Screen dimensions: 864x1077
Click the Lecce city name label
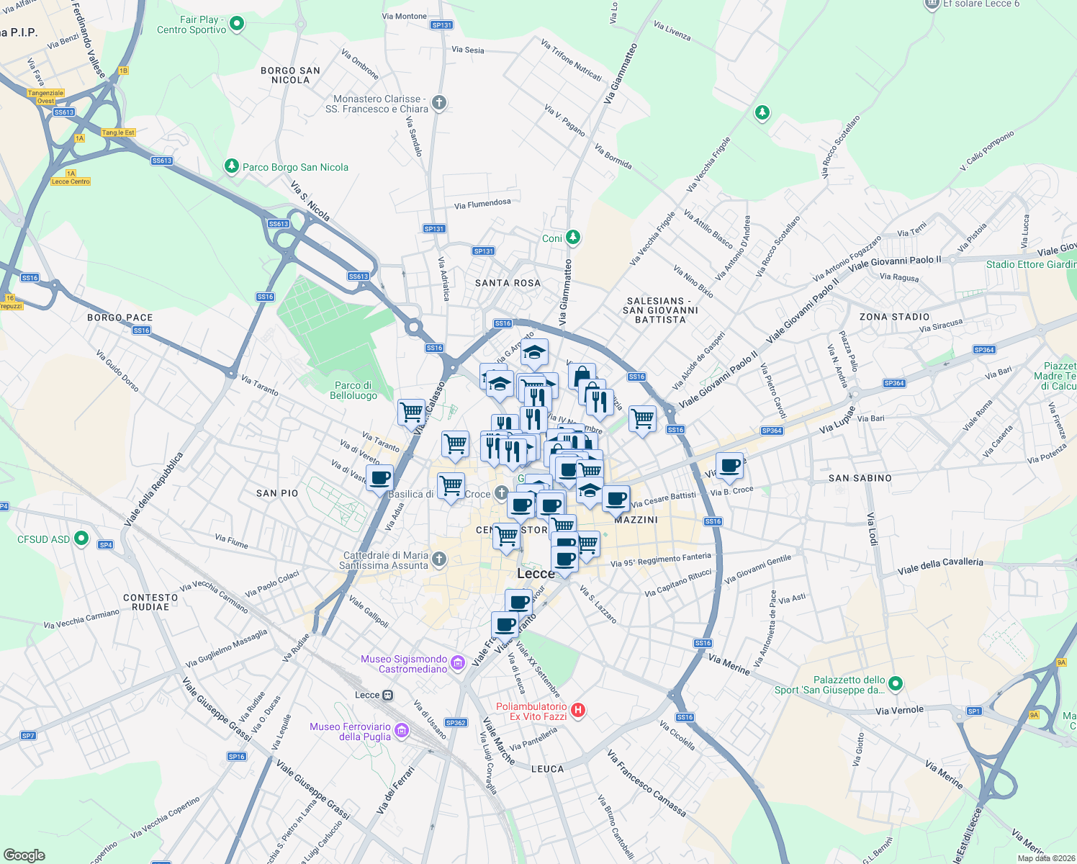click(x=536, y=574)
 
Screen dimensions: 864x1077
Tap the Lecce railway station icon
click(x=388, y=695)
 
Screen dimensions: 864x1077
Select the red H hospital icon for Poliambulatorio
click(x=578, y=711)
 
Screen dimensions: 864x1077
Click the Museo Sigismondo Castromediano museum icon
click(x=457, y=663)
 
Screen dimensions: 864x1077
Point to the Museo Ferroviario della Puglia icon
click(x=401, y=732)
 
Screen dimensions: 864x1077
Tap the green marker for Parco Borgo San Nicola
click(x=231, y=166)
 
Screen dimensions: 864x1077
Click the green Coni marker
click(x=572, y=237)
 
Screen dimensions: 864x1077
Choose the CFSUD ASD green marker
click(x=81, y=539)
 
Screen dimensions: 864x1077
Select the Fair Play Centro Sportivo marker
click(x=236, y=24)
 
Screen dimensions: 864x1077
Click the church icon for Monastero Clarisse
click(x=438, y=103)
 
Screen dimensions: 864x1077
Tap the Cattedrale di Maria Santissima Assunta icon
click(x=438, y=559)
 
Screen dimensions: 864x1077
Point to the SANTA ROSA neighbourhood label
click(x=508, y=283)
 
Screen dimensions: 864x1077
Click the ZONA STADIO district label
click(x=894, y=317)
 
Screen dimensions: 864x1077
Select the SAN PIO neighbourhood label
click(x=277, y=493)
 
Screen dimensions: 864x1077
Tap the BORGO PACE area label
click(x=120, y=318)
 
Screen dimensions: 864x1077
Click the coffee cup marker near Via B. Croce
click(x=729, y=465)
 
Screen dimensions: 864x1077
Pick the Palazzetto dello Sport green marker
click(x=895, y=683)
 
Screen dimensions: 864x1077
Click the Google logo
click(x=24, y=855)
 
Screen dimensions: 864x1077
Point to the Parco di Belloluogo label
click(x=353, y=390)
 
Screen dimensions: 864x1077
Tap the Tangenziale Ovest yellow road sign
click(x=46, y=96)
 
